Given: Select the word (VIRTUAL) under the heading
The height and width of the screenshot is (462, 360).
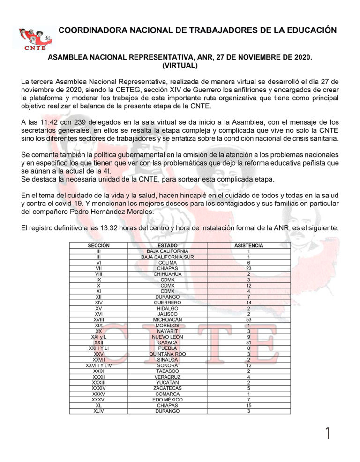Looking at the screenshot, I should (x=180, y=66).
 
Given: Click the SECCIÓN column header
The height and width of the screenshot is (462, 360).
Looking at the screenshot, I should (x=99, y=245).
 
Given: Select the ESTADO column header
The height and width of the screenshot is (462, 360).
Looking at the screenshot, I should (x=167, y=245).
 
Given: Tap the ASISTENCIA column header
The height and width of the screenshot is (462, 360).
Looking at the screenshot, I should (x=248, y=245).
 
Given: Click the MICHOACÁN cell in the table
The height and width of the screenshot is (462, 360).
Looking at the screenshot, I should (x=167, y=319).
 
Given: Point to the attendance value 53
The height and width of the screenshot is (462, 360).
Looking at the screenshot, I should (x=248, y=319).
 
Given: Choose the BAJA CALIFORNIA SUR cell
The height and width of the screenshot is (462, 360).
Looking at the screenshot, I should (x=167, y=257).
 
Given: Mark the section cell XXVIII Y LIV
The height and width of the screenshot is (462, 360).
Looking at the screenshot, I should (x=99, y=365).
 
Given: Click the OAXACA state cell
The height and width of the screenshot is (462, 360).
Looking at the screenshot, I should (x=167, y=342).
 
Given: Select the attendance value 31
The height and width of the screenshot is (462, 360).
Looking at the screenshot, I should (x=248, y=342).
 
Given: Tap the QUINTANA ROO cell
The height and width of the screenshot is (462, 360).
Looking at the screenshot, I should (x=167, y=354).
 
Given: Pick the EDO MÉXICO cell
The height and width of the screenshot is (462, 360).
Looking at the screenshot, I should (x=167, y=399).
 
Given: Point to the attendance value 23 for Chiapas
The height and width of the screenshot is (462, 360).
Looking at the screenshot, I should (x=248, y=268).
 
